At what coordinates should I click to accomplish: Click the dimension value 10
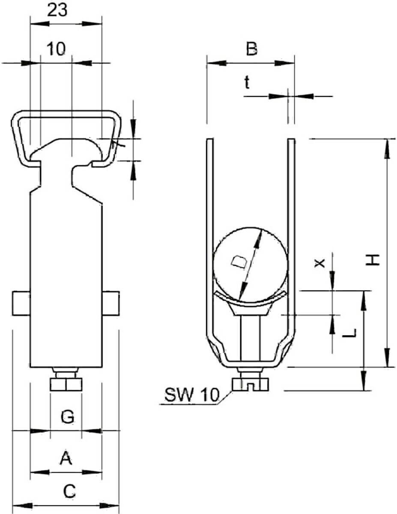click(56, 49)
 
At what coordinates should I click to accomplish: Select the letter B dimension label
click(251, 49)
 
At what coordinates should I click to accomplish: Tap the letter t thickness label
click(247, 83)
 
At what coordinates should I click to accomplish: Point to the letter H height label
click(373, 260)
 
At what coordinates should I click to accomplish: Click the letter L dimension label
click(349, 333)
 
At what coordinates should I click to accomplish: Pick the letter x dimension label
click(319, 263)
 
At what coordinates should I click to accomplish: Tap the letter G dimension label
click(68, 417)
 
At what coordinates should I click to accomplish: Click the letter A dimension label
click(66, 458)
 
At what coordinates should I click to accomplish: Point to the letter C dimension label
click(69, 491)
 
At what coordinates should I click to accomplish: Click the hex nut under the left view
click(66, 384)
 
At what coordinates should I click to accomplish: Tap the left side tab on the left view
click(21, 304)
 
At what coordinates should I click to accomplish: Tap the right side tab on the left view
click(111, 304)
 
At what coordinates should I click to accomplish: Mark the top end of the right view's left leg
click(210, 140)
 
